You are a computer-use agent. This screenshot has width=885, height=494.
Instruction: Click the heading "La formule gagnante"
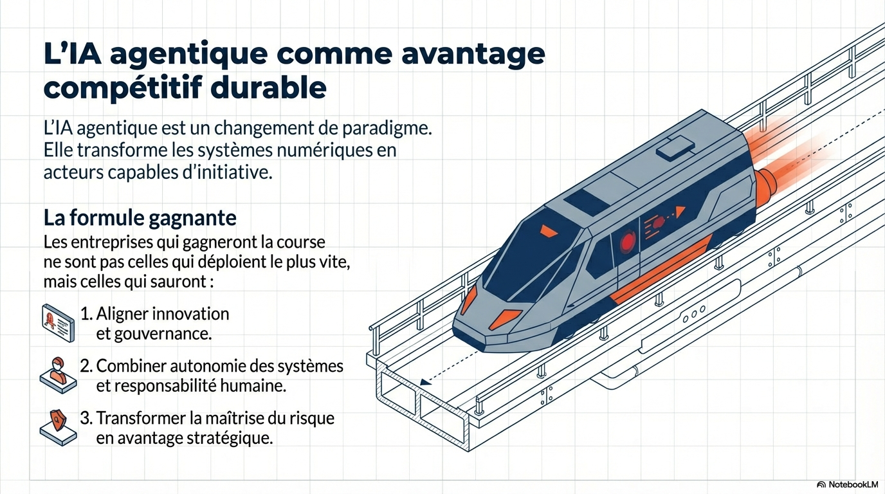point(140,218)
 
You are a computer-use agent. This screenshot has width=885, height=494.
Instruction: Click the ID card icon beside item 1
point(58,323)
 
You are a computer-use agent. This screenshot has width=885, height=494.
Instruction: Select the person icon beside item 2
point(58,376)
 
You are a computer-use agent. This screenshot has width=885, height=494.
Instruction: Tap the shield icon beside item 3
point(58,428)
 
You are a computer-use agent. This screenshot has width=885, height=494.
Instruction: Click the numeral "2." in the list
point(86,366)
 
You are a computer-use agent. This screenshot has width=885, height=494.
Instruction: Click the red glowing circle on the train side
point(627,242)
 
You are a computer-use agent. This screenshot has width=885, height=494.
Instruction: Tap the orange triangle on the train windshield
point(549,231)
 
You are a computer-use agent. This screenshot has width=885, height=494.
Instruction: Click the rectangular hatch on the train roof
point(675,148)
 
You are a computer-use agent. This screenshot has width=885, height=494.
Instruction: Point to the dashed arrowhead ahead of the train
point(425,382)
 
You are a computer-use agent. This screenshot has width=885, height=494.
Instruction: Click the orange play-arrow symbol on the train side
point(680,212)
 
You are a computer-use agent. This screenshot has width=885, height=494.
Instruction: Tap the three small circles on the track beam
point(694,313)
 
